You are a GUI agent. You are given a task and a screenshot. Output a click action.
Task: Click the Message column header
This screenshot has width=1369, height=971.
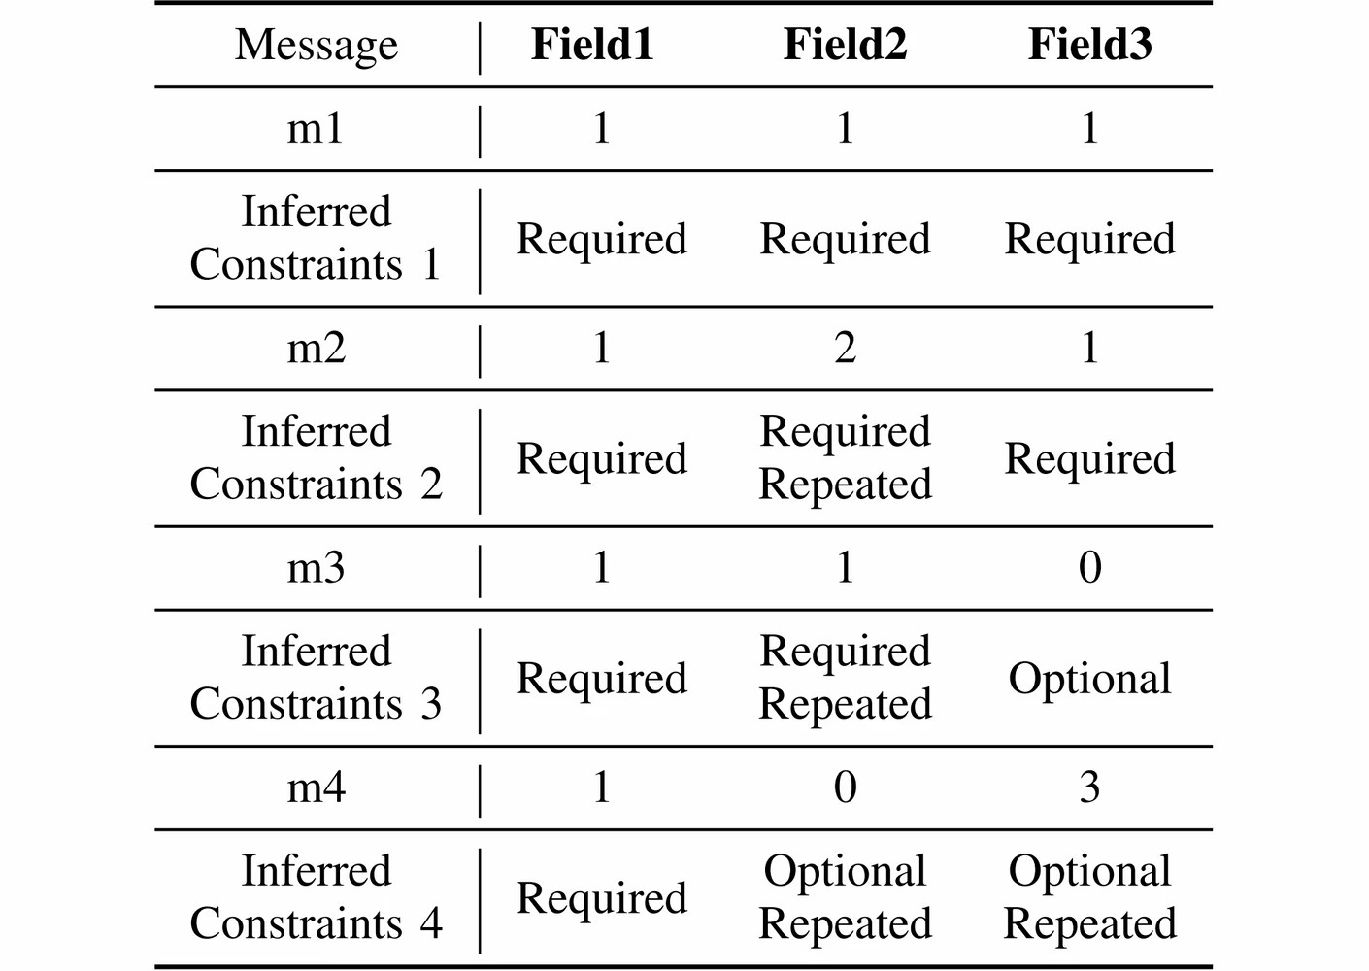tap(316, 46)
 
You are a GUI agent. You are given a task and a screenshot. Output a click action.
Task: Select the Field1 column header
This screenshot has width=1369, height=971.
tap(592, 44)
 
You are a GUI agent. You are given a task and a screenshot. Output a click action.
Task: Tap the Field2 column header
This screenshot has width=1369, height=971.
tap(846, 44)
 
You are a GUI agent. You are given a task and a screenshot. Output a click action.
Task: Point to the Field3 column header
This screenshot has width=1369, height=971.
tap(1089, 44)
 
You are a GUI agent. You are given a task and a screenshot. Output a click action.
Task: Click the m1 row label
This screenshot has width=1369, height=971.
tap(316, 129)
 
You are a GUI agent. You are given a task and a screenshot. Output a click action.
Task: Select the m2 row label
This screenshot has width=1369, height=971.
tap(317, 349)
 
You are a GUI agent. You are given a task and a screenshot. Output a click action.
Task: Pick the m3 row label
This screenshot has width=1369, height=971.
tap(316, 568)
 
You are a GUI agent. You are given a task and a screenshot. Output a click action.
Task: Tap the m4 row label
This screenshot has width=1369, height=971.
tap(317, 787)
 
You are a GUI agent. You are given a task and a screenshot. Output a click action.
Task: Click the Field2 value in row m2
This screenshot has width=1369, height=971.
tap(846, 349)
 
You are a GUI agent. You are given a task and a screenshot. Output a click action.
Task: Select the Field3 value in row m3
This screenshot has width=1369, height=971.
tap(1090, 568)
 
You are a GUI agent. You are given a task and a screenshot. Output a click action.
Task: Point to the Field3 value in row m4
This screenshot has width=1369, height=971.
tap(1089, 787)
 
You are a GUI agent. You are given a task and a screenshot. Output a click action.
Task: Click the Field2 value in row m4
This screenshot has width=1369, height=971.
tap(846, 787)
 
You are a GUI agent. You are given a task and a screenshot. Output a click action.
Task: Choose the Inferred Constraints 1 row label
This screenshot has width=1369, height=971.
tap(316, 238)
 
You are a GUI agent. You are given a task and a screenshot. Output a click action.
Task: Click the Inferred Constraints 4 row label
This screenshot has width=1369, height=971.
tap(316, 897)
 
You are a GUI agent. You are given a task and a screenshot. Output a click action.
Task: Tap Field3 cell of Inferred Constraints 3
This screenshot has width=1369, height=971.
tap(1089, 680)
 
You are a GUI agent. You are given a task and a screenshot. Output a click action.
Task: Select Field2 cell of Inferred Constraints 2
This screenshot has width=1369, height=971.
tap(846, 457)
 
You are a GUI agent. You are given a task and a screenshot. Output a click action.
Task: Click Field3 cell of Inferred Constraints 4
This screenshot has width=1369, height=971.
tap(1089, 897)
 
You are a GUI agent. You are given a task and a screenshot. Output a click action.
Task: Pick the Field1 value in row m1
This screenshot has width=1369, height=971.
tap(602, 129)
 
